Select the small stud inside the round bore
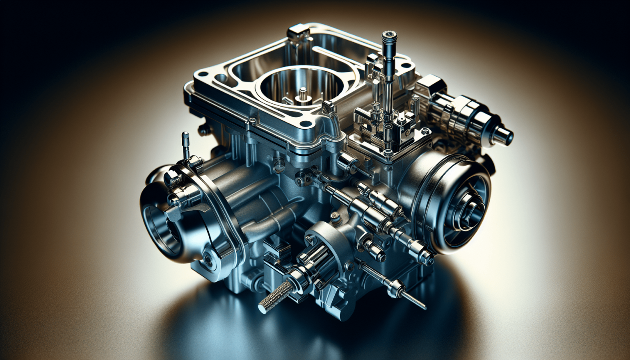(303, 92)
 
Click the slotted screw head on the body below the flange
(280, 166)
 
